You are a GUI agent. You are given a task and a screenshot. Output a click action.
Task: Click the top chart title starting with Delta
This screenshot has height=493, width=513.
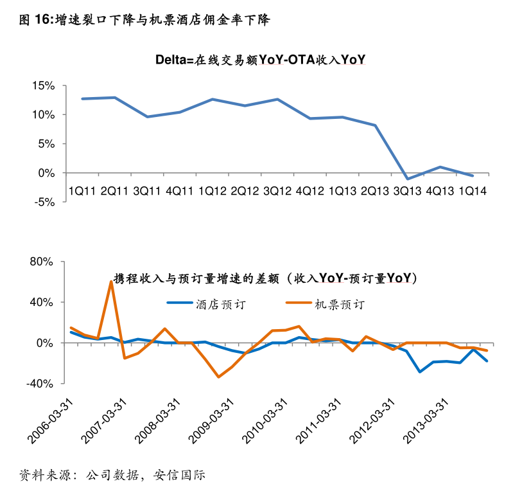coord(260,60)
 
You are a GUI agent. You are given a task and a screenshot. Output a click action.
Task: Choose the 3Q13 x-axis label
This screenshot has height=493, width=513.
coord(407,191)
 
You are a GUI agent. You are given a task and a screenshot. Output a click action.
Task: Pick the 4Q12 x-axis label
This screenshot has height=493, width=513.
coord(309,191)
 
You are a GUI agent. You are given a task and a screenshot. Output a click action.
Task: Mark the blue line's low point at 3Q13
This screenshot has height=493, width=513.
coord(406,179)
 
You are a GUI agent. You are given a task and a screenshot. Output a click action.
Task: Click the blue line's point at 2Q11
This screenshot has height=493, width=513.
coord(114,98)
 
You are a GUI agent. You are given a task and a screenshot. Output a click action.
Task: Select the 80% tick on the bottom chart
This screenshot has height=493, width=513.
coord(42,262)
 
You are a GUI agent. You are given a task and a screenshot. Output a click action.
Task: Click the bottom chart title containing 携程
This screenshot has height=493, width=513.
coord(265,278)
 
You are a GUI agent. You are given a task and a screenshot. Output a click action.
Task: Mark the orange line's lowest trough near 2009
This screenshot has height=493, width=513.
coord(219,377)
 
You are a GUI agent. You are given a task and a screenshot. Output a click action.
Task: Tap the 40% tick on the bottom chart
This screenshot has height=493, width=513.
coord(42,302)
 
